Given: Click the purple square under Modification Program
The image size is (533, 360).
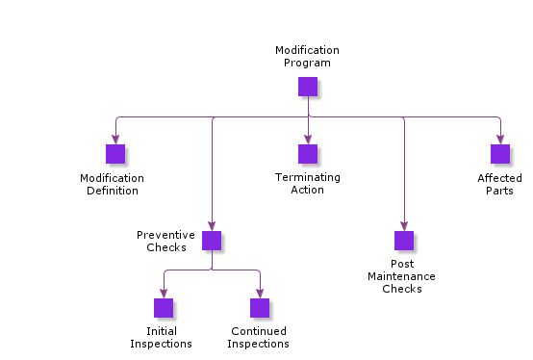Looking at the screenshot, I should point(308,87).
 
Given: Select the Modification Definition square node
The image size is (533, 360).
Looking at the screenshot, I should point(115,154).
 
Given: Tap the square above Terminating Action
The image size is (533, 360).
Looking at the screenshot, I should point(308,154).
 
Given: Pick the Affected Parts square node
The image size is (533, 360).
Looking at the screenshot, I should point(500,154).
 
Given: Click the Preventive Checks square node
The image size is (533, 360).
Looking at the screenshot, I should point(212,241).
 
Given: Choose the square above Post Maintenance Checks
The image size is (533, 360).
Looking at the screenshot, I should point(404,241).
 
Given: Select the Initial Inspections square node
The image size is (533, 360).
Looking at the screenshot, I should point(164,308).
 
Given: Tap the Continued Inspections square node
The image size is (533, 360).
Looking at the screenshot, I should point(260,308).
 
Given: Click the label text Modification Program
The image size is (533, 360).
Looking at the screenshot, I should point(307,56).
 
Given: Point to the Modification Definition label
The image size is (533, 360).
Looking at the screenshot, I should point(112,184).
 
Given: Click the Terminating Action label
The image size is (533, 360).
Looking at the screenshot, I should point(307,184).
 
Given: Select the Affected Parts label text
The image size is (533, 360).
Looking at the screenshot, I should point(499,184).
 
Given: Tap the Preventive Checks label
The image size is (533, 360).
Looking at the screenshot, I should point(165,241).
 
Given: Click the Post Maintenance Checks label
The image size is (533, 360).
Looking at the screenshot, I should point(401,276).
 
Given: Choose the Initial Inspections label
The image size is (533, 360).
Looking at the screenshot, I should point(161,338).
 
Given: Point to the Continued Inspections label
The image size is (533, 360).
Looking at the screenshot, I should point(259,338).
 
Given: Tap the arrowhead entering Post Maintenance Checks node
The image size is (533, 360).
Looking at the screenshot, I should point(404,226).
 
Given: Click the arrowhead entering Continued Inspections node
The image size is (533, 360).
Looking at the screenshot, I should point(260,294).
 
